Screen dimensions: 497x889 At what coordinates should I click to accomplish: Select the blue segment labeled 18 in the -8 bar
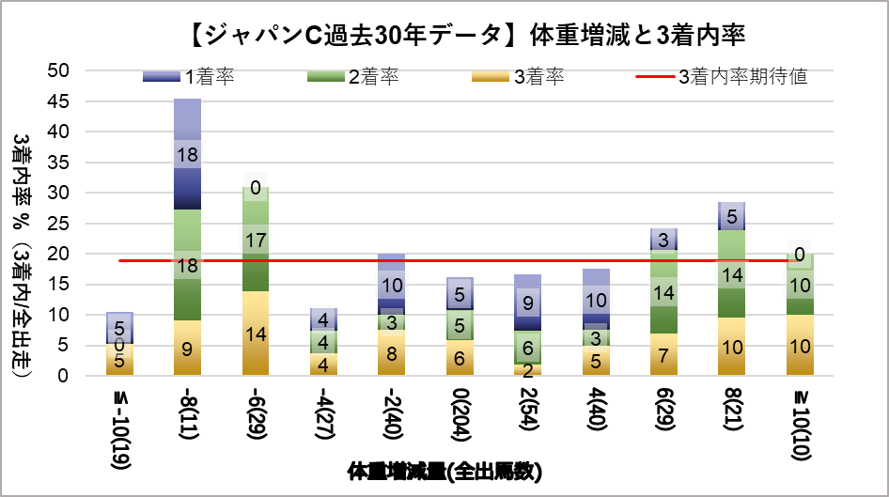coord(188,154)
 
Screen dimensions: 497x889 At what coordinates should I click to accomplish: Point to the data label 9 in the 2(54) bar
coord(527,303)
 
